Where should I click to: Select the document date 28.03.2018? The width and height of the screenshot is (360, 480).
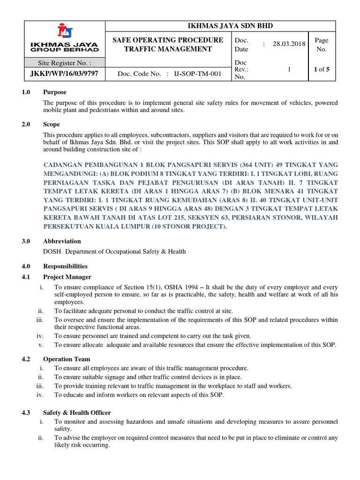pyautogui.click(x=289, y=44)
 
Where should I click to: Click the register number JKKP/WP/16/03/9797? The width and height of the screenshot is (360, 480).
pyautogui.click(x=65, y=74)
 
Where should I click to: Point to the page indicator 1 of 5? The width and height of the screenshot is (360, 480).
pyautogui.click(x=322, y=69)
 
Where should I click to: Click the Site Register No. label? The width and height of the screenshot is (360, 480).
pyautogui.click(x=65, y=62)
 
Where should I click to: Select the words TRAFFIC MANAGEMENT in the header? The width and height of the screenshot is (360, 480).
pyautogui.click(x=168, y=49)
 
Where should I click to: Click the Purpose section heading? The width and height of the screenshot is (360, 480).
pyautogui.click(x=55, y=92)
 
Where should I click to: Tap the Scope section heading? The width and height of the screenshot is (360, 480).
pyautogui.click(x=52, y=124)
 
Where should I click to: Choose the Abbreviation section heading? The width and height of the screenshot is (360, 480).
pyautogui.click(x=62, y=241)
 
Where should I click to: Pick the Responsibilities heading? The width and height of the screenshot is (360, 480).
pyautogui.click(x=65, y=266)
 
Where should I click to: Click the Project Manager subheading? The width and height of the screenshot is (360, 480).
pyautogui.click(x=67, y=277)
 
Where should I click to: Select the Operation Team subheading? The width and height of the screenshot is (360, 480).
pyautogui.click(x=67, y=359)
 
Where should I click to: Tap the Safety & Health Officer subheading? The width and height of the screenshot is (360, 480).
pyautogui.click(x=77, y=412)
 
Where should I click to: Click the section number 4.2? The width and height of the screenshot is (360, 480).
pyautogui.click(x=26, y=359)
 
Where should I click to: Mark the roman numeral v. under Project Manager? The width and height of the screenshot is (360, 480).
pyautogui.click(x=41, y=345)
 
